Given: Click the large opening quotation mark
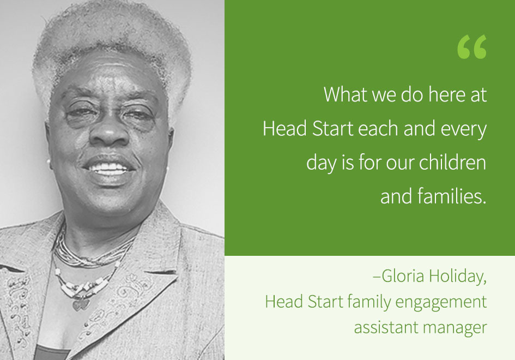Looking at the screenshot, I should (472, 47).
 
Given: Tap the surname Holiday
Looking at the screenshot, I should (459, 276).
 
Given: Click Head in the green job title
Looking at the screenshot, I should (281, 301).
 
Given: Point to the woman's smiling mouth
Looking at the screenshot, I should (112, 167).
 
